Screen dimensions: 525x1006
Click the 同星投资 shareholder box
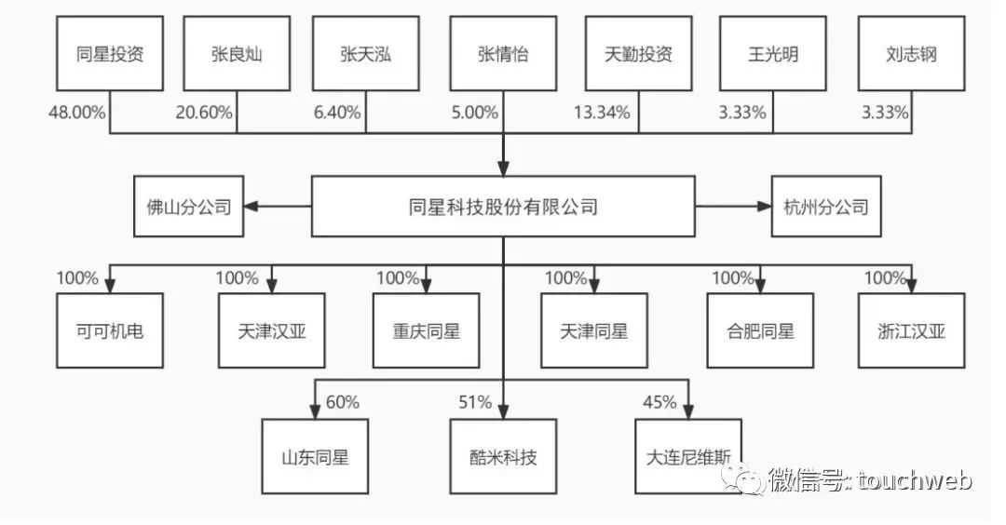[x=109, y=54]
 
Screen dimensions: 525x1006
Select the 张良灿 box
[x=237, y=54]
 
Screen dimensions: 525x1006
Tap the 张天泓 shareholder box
[x=365, y=54]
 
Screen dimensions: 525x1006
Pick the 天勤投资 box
[x=638, y=54]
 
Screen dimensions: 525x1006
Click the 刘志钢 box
[x=911, y=54]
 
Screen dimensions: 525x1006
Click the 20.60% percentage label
[x=205, y=113]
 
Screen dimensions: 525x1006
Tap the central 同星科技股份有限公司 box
[x=503, y=206]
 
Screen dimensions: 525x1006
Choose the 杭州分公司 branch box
[x=820, y=206]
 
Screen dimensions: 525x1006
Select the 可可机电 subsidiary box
[x=109, y=330]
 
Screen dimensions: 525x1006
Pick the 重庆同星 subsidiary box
[x=427, y=330]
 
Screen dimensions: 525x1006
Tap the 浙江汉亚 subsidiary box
[x=911, y=330]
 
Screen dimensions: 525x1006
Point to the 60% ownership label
[x=342, y=402]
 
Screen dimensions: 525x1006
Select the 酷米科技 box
[x=503, y=456]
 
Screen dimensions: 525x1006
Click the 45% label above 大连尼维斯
[x=659, y=402]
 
